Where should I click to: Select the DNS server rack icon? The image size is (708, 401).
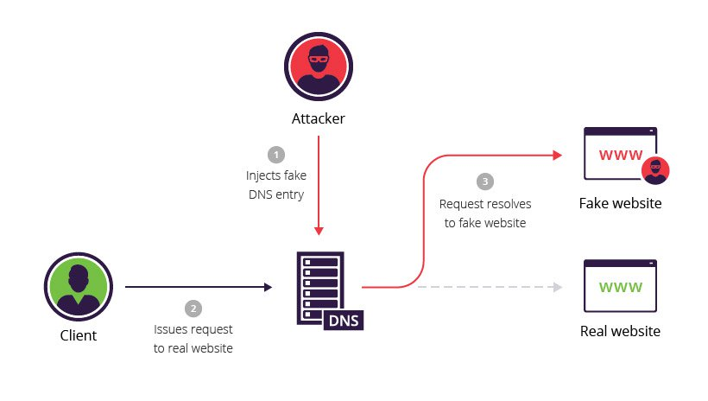point(320,288)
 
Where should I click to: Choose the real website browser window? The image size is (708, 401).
point(620,287)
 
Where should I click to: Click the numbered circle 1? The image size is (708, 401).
point(275,155)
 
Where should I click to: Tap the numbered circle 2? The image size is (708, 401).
point(193,309)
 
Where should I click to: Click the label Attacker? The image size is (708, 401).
point(317,118)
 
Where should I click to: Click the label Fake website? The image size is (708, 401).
point(620,204)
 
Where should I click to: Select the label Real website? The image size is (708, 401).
point(620,331)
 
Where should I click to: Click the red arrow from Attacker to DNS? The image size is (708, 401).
point(319,181)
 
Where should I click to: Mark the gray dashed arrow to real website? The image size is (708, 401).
point(488,286)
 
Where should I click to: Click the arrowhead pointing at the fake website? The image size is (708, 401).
point(557,156)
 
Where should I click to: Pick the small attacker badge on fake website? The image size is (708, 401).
point(656,171)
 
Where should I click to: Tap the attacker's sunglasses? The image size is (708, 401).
point(317,62)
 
